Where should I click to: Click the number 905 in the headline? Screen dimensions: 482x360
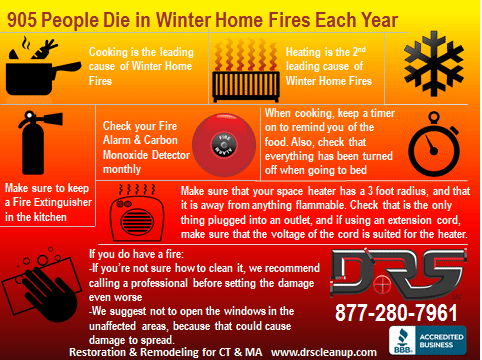click(22, 20)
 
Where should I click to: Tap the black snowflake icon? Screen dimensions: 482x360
click(434, 63)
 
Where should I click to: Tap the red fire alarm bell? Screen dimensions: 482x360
click(224, 144)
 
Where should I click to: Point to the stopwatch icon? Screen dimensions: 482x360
click(434, 145)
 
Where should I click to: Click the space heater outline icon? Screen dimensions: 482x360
click(137, 212)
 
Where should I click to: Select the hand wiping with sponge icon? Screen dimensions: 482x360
click(42, 284)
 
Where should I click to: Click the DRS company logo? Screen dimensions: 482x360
click(398, 273)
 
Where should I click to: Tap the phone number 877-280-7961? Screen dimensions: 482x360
click(396, 313)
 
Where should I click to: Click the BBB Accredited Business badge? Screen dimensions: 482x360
click(428, 340)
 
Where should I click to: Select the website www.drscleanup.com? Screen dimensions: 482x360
click(324, 352)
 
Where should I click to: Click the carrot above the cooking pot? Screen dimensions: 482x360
click(45, 50)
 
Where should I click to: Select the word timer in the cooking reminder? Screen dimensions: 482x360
click(382, 113)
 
